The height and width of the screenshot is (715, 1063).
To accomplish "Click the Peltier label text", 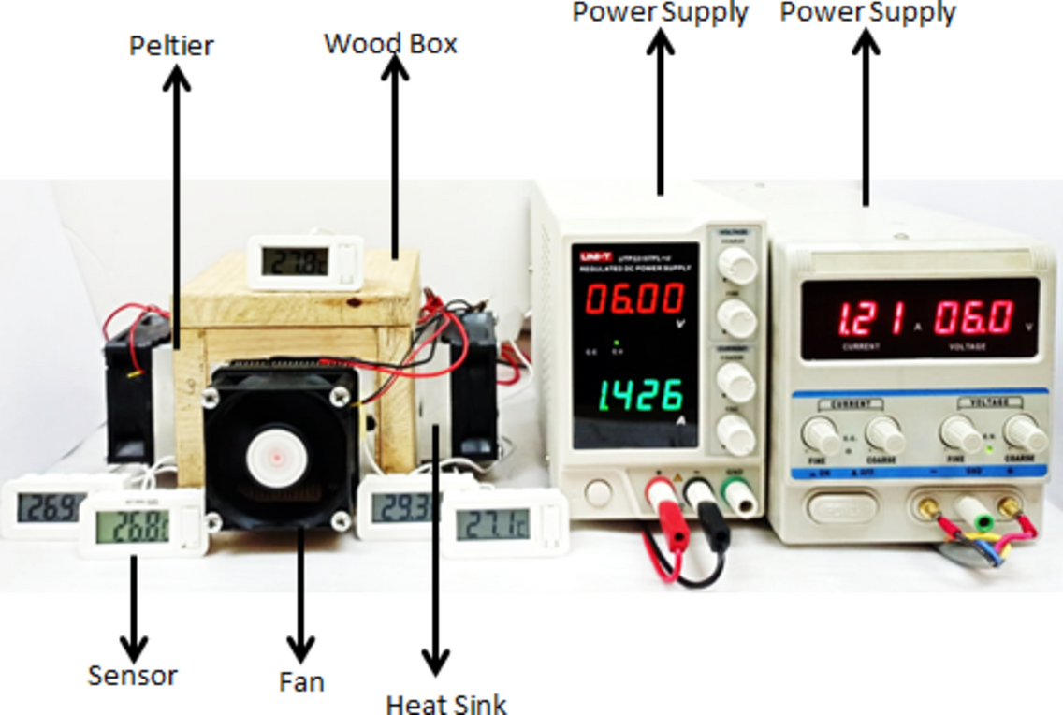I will click(171, 44).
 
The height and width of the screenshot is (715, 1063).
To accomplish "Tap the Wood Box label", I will click(390, 43).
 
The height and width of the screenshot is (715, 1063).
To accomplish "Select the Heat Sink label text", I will click(446, 702).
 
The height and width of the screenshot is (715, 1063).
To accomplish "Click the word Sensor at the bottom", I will click(132, 675).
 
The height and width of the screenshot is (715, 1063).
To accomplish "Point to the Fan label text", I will click(301, 681).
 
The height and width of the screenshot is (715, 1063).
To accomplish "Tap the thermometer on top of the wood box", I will click(303, 261).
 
